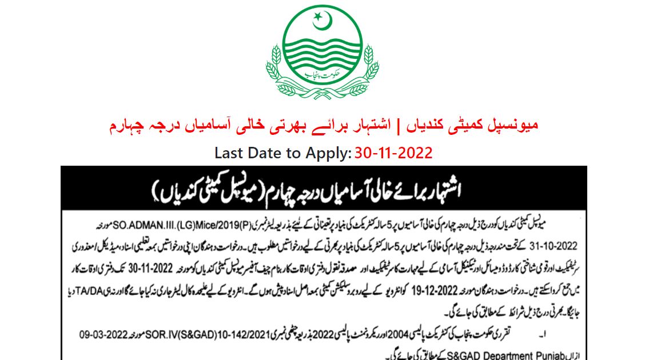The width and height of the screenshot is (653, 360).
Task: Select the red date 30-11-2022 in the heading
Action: tap(393, 153)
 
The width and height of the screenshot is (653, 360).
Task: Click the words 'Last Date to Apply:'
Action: tap(283, 153)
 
